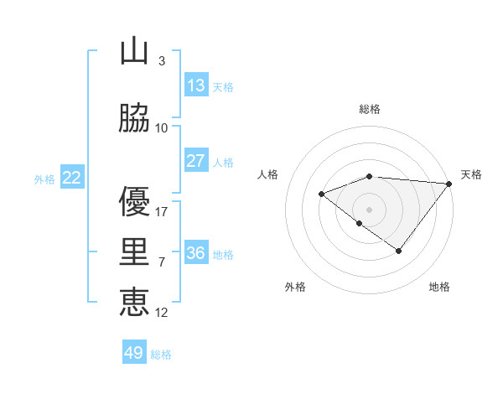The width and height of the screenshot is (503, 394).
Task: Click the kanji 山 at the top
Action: (134, 51)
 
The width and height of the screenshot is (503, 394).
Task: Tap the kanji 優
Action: (134, 202)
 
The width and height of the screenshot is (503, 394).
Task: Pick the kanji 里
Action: (134, 252)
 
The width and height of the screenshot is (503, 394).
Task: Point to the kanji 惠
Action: (134, 303)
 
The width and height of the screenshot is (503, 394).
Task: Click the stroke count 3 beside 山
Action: (161, 61)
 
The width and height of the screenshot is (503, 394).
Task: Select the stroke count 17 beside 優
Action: (162, 212)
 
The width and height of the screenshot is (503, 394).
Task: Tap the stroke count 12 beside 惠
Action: (162, 313)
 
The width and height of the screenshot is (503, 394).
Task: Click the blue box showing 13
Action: (196, 85)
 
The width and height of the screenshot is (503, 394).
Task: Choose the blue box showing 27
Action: (196, 160)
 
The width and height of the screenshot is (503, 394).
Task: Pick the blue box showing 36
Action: (196, 252)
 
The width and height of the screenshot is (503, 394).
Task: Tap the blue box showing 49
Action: (134, 353)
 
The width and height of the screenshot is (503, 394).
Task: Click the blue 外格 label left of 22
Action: (44, 179)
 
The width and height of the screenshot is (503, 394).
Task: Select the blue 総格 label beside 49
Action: (161, 355)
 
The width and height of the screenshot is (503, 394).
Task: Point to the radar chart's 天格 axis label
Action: (471, 174)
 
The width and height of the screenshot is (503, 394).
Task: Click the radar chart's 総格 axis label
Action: (370, 109)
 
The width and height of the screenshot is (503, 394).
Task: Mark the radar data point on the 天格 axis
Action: (449, 184)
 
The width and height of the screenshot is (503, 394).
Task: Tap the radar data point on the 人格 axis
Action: (321, 194)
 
